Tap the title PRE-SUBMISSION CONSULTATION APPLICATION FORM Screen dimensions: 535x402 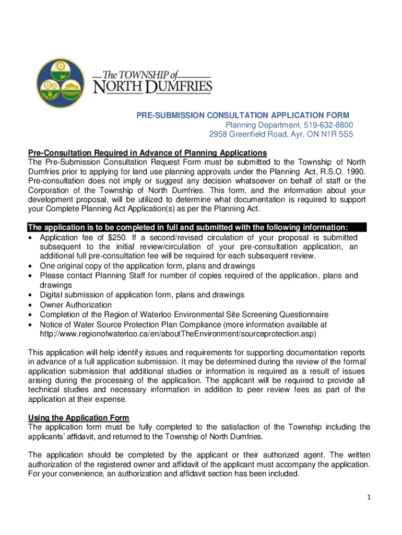tap(235, 115)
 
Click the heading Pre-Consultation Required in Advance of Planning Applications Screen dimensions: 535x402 tap(147, 153)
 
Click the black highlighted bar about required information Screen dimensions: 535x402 tap(197, 227)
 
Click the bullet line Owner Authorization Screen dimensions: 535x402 tap(76, 305)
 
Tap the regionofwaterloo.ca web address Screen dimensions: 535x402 tap(178, 333)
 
